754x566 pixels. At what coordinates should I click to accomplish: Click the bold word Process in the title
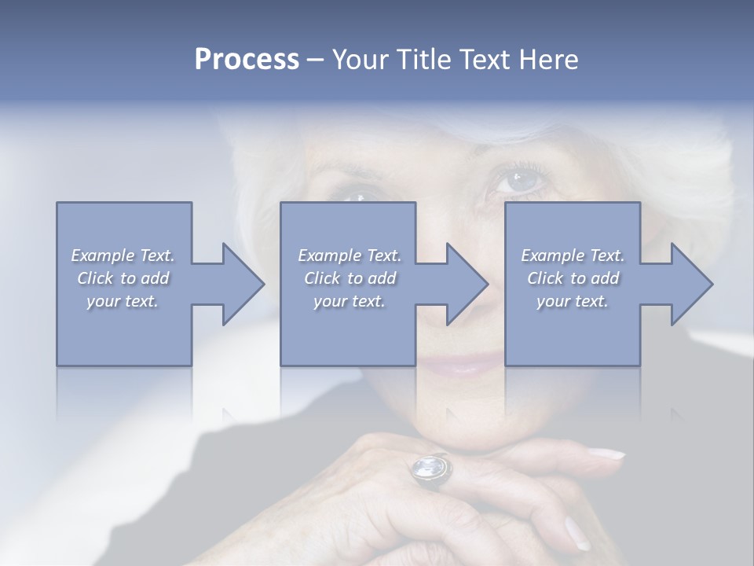247,60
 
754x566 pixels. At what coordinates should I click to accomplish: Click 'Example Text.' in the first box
123,255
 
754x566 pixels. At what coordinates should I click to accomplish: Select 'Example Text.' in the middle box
350,255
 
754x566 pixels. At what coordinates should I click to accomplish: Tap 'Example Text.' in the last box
573,255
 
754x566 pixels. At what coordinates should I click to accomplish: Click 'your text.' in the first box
123,301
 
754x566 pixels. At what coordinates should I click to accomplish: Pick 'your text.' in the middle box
350,301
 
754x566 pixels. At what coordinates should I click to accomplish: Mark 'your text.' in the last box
573,301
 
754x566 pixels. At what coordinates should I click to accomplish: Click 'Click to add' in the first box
123,278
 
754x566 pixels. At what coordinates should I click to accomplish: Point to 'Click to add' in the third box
573,278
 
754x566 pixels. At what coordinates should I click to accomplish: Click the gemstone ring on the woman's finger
431,469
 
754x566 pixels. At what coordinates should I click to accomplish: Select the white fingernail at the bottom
577,534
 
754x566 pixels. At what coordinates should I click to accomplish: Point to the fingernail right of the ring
606,454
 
